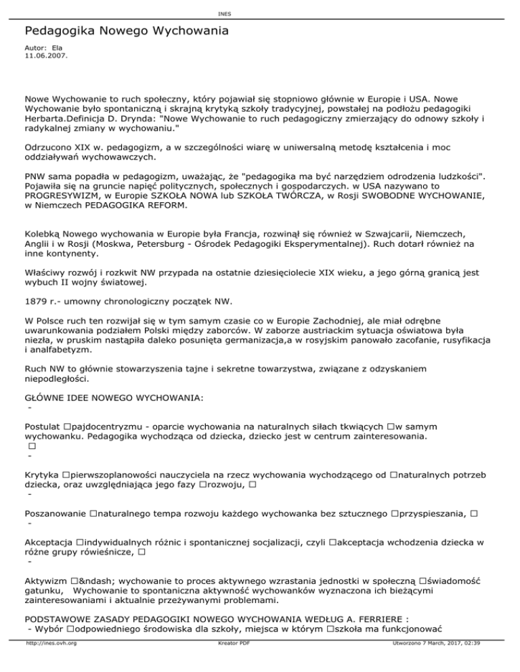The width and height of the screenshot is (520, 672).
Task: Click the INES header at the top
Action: click(x=259, y=14)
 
